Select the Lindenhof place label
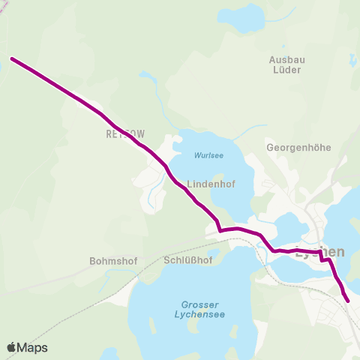(212, 183)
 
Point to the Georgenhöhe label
(298, 148)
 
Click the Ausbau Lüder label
(284, 64)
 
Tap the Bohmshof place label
(111, 262)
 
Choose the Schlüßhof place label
(187, 260)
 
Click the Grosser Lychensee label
(200, 310)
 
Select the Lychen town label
(320, 252)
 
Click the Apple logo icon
(13, 347)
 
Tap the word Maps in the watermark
(33, 347)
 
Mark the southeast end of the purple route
(348, 301)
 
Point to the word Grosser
(200, 304)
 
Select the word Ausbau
(284, 58)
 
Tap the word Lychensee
(200, 316)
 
